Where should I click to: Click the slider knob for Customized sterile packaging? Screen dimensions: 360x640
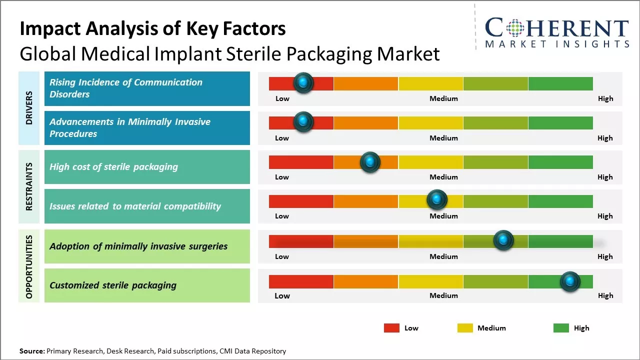pyautogui.click(x=570, y=281)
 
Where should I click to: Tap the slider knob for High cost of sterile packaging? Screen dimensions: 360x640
pyautogui.click(x=370, y=162)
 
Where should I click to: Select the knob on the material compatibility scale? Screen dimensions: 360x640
pyautogui.click(x=437, y=200)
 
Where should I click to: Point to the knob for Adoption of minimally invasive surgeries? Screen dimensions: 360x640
pyautogui.click(x=503, y=240)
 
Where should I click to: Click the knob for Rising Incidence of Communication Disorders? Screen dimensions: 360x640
pyautogui.click(x=303, y=83)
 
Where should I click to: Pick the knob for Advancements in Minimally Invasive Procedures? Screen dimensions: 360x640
pyautogui.click(x=303, y=122)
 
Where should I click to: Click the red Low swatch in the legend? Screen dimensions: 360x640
pyautogui.click(x=391, y=328)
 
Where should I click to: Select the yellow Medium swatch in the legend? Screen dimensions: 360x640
pyautogui.click(x=465, y=328)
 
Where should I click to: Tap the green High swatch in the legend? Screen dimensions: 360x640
pyautogui.click(x=561, y=328)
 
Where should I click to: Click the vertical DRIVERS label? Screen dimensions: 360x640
pyautogui.click(x=29, y=108)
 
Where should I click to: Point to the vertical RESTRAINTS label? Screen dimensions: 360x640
pyautogui.click(x=29, y=186)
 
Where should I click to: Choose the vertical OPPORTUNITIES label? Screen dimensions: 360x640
pyautogui.click(x=29, y=266)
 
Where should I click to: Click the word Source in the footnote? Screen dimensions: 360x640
pyautogui.click(x=31, y=351)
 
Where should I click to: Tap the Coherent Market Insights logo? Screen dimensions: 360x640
pyautogui.click(x=556, y=32)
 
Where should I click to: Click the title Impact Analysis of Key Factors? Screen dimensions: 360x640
pyautogui.click(x=152, y=29)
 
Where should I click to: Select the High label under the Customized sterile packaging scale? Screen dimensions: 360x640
pyautogui.click(x=605, y=295)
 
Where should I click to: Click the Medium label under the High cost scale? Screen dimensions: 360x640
pyautogui.click(x=443, y=177)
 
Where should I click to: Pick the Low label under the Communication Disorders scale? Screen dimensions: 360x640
pyautogui.click(x=282, y=98)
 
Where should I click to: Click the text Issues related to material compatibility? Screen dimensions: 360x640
pyautogui.click(x=135, y=206)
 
